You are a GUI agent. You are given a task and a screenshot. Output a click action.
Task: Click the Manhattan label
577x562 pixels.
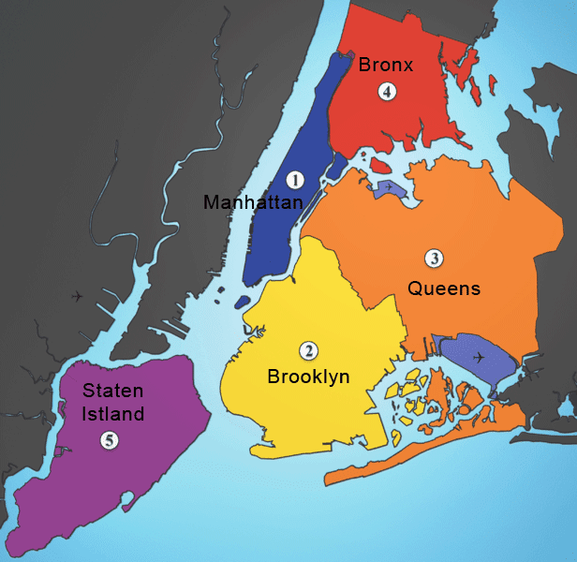coord(253,202)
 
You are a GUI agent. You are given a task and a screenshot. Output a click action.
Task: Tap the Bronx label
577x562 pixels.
coord(386,65)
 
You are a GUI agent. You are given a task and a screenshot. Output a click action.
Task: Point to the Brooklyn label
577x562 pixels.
coord(308,377)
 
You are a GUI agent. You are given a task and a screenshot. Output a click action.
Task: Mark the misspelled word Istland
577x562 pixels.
coord(112,413)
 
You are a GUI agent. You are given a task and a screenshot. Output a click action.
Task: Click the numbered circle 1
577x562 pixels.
coord(295,179)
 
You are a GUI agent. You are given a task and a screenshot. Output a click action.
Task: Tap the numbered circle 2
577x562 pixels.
coord(307,351)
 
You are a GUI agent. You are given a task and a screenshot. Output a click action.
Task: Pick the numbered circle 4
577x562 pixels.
coord(386,91)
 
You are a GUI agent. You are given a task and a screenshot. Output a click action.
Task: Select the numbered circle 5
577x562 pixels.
coord(111,438)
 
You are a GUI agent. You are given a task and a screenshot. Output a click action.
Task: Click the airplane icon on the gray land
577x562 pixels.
coord(76,297)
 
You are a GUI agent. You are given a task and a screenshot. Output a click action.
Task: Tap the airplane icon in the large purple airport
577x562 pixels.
coord(480,357)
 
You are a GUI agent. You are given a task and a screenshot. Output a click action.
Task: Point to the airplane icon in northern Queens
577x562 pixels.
coord(389,187)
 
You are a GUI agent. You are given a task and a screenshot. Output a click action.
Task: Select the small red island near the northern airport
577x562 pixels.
coord(378,166)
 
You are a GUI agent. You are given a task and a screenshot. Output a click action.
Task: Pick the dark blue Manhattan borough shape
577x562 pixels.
coord(281,225)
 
